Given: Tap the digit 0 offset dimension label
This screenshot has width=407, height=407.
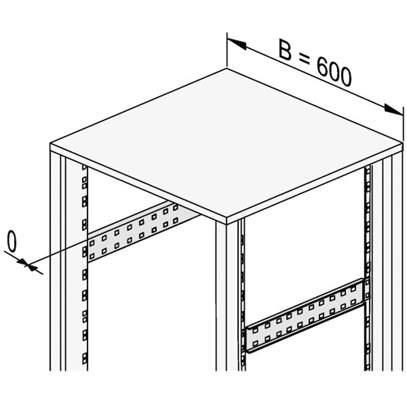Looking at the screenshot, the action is pyautogui.click(x=12, y=241).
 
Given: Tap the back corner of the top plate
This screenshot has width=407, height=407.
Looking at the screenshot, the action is pyautogui.click(x=227, y=68).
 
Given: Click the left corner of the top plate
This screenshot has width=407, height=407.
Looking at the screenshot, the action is pyautogui.click(x=50, y=143).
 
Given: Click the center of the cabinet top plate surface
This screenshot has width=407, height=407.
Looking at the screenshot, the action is pyautogui.click(x=227, y=143).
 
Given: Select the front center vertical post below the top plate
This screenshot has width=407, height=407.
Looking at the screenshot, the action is pyautogui.click(x=227, y=298).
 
